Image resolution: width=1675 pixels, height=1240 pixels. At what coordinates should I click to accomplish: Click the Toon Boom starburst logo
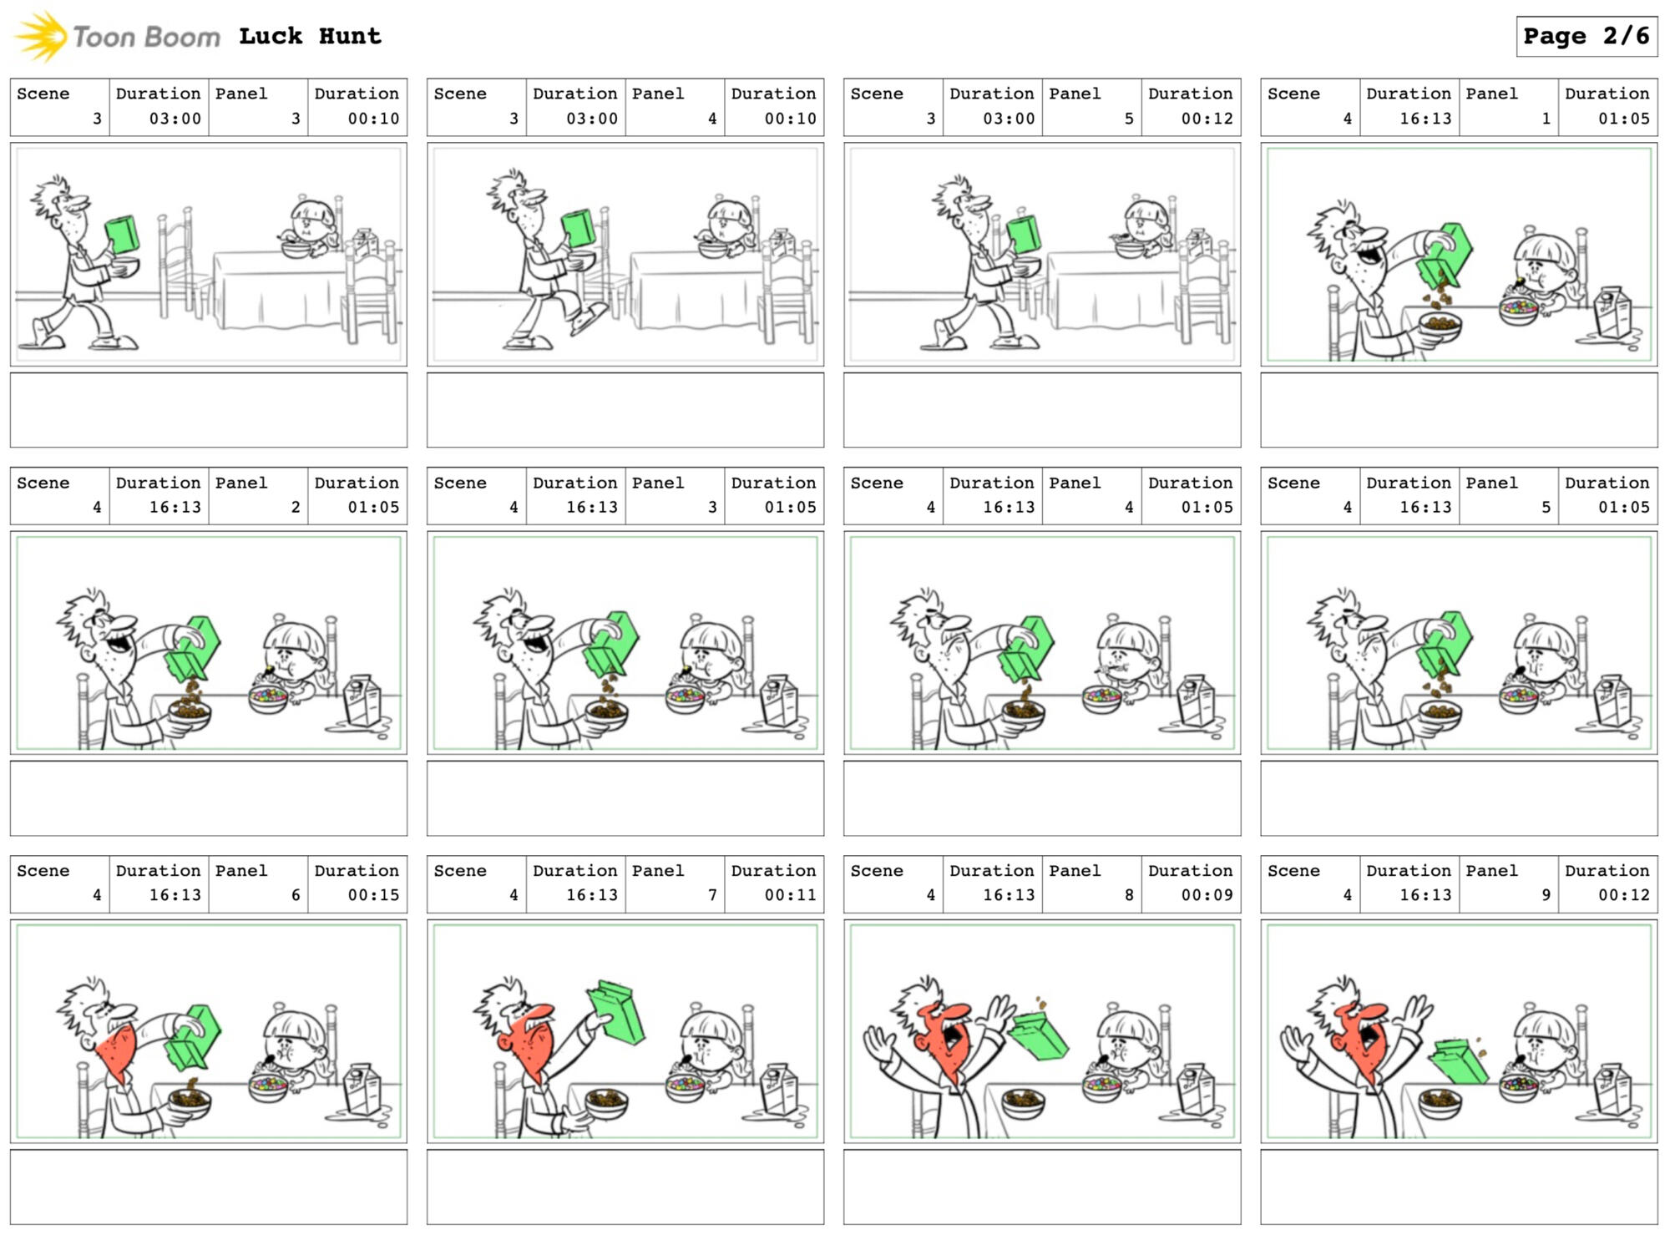coord(41,36)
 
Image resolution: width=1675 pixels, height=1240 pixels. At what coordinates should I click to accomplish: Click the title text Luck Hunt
coord(310,36)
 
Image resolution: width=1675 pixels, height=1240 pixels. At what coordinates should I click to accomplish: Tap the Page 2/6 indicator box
coord(1586,36)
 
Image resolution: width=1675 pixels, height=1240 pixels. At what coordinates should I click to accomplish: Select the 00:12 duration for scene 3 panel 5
coord(1207,119)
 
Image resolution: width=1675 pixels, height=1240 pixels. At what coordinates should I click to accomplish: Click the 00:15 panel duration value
coord(373,895)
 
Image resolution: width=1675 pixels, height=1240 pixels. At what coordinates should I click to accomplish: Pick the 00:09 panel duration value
coord(1207,895)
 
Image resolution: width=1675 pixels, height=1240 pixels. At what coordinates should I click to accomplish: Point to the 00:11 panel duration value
coord(790,895)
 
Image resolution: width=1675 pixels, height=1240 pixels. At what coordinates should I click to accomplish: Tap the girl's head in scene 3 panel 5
coord(1146,219)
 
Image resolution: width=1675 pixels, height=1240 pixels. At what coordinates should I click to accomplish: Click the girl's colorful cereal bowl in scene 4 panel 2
coord(269,698)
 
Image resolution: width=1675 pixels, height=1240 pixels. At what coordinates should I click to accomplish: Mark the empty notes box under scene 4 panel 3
coord(625,798)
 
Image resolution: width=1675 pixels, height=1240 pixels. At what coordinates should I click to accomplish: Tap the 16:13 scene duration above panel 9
coord(1425,895)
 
